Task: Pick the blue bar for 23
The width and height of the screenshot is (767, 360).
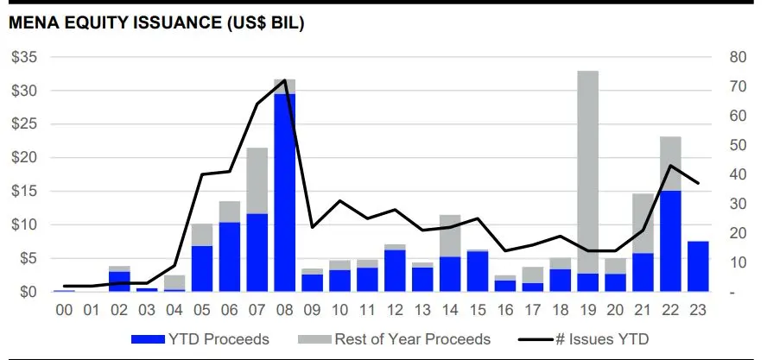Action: [x=698, y=266]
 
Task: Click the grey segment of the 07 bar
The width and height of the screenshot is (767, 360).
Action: [x=257, y=180]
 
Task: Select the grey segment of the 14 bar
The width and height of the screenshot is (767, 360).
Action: [x=450, y=236]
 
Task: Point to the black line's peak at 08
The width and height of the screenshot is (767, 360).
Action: [x=285, y=80]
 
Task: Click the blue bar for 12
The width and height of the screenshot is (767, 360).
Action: [x=395, y=270]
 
